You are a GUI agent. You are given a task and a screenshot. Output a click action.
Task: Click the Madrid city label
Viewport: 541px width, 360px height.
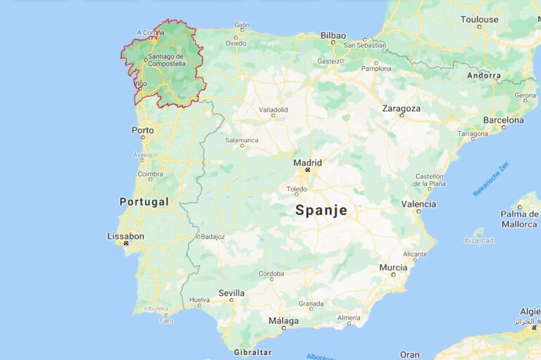point(307,162)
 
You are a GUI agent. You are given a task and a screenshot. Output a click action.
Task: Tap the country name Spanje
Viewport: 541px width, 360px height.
point(321,210)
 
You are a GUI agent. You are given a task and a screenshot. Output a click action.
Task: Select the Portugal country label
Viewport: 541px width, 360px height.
point(144,201)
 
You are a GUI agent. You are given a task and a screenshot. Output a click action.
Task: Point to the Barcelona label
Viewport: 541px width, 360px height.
point(503,120)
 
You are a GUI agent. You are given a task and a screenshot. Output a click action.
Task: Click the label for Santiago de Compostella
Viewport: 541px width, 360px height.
point(166,60)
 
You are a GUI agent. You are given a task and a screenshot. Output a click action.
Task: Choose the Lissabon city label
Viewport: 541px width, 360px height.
point(125,236)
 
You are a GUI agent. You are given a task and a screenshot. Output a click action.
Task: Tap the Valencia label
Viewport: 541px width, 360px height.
point(418,204)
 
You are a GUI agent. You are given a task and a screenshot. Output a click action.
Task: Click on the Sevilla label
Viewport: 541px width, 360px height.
point(231,293)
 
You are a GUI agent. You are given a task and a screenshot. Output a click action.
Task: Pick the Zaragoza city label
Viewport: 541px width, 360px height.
point(401,108)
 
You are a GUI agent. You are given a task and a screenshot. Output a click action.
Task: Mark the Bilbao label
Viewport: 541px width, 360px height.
point(333,35)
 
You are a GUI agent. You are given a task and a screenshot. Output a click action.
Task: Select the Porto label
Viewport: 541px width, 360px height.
point(142,130)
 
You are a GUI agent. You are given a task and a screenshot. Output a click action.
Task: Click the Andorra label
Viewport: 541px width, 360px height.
point(484,75)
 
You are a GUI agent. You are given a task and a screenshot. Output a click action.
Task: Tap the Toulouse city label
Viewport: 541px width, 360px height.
point(479,20)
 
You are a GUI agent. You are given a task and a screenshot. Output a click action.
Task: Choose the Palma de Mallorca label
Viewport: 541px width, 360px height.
point(519,219)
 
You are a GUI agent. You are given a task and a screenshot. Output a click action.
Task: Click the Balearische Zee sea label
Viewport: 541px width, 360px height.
point(490,179)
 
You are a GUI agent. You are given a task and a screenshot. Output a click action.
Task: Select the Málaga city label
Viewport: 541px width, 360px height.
point(283,321)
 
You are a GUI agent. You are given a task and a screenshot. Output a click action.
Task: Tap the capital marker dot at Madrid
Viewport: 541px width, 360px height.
point(307,170)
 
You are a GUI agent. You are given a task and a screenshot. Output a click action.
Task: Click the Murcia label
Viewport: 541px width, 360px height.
point(393,268)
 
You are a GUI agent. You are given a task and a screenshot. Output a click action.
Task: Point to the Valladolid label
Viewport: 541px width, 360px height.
point(273,110)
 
